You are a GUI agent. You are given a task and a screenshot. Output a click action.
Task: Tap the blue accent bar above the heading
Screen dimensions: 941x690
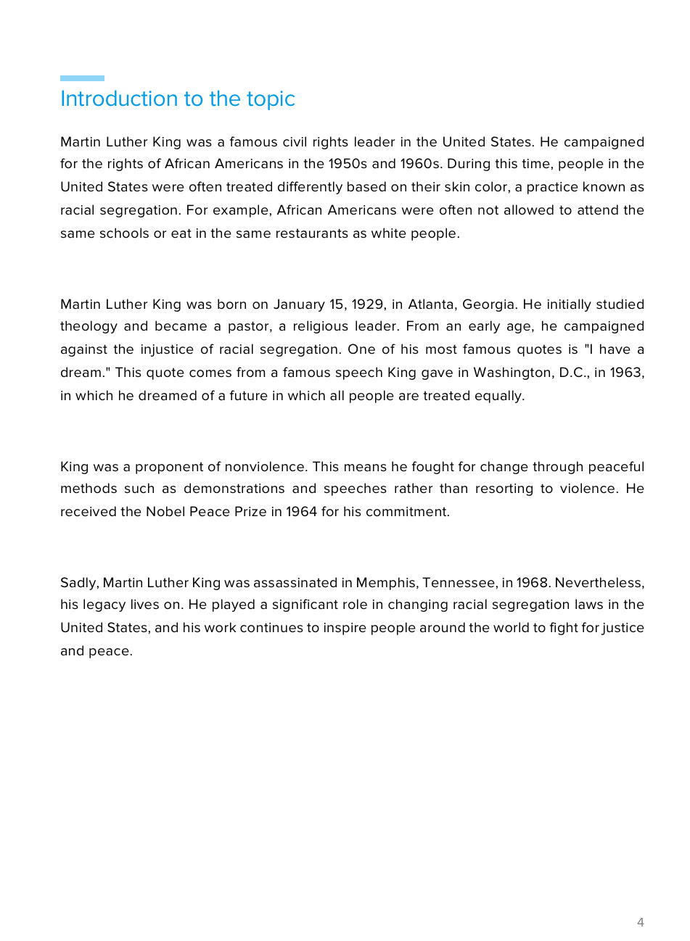point(82,78)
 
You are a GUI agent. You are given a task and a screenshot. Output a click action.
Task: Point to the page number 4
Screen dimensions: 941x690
point(640,922)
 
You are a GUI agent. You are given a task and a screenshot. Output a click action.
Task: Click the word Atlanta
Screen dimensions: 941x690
point(431,304)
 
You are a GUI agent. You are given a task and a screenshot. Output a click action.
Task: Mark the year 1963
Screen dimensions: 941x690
point(626,373)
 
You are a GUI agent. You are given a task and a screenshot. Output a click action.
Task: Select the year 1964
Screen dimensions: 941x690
point(301,512)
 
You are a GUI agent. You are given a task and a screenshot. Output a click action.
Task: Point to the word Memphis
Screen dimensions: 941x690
point(385,583)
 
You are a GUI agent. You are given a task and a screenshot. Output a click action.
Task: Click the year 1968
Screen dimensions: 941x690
point(532,583)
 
